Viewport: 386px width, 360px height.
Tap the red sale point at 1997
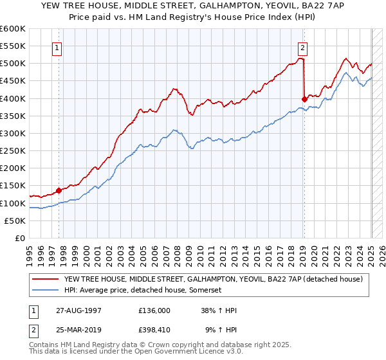[59, 190]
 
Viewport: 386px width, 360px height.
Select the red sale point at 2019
[304, 98]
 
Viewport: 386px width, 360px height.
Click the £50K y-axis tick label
[15, 221]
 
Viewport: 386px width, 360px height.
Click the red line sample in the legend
[46, 279]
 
